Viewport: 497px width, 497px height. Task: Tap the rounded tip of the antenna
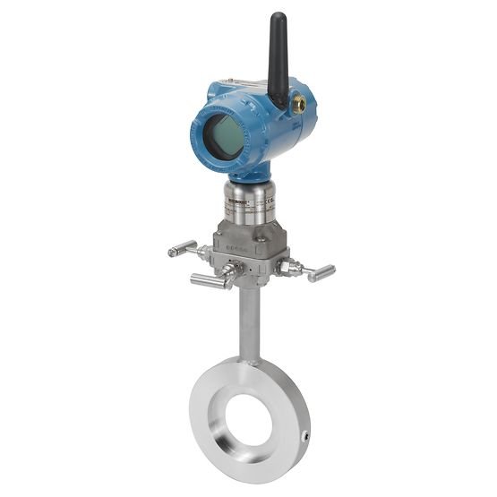(x=278, y=17)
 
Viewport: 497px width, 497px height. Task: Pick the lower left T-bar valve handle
(x=207, y=281)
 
